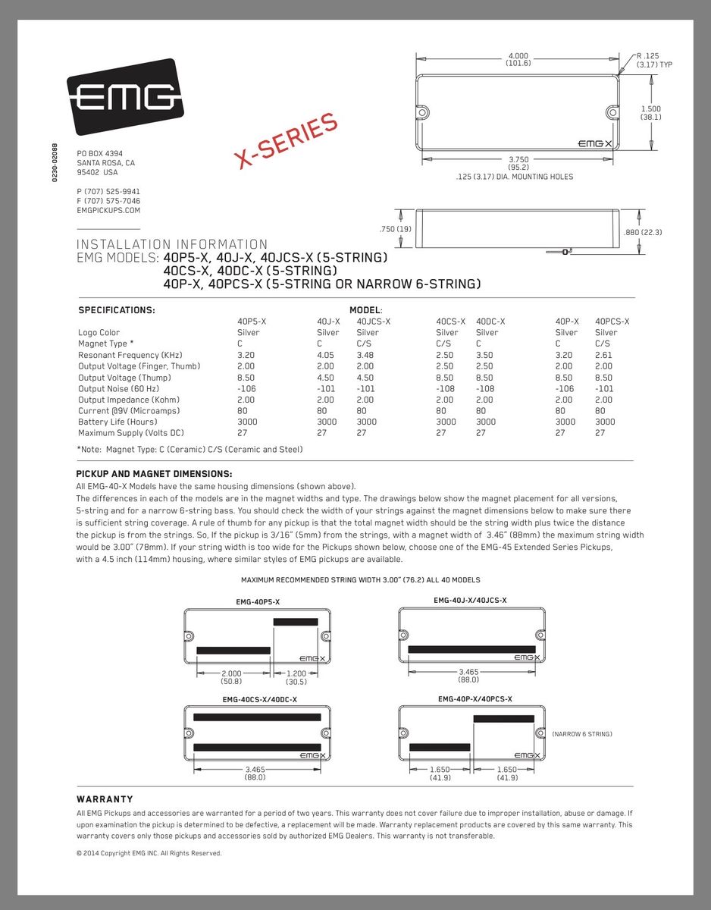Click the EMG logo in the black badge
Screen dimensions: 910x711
point(126,97)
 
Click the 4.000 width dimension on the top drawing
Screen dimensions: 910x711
point(518,56)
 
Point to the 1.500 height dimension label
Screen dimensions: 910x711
point(650,109)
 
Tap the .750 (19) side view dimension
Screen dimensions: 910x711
point(395,229)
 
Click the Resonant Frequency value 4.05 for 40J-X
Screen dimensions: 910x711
point(325,355)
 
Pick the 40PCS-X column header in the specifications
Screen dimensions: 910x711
point(612,322)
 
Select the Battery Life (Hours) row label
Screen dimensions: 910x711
point(117,422)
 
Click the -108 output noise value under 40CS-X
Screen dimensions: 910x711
point(446,388)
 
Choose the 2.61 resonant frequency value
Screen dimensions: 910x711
point(604,355)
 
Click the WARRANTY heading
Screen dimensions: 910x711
point(105,799)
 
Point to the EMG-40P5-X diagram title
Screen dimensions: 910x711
point(257,602)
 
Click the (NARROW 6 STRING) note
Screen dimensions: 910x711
point(582,734)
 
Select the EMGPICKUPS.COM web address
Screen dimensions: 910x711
point(108,211)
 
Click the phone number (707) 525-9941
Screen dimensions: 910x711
point(108,191)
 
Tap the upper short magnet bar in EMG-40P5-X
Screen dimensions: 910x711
point(295,622)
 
